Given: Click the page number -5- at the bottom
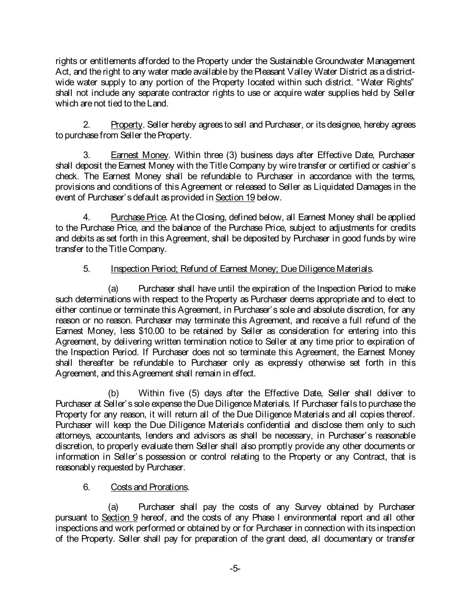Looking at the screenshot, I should coord(235,568).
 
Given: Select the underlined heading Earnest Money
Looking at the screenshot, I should coord(139,155).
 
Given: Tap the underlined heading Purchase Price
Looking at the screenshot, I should coord(138,217).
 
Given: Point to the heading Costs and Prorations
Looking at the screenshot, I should coord(149,487).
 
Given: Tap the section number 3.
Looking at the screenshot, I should coord(87,155).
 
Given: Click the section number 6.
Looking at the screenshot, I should coord(87,487).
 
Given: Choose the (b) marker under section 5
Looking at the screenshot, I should coord(114,393).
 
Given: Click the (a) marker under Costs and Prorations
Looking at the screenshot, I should coord(114,507).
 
